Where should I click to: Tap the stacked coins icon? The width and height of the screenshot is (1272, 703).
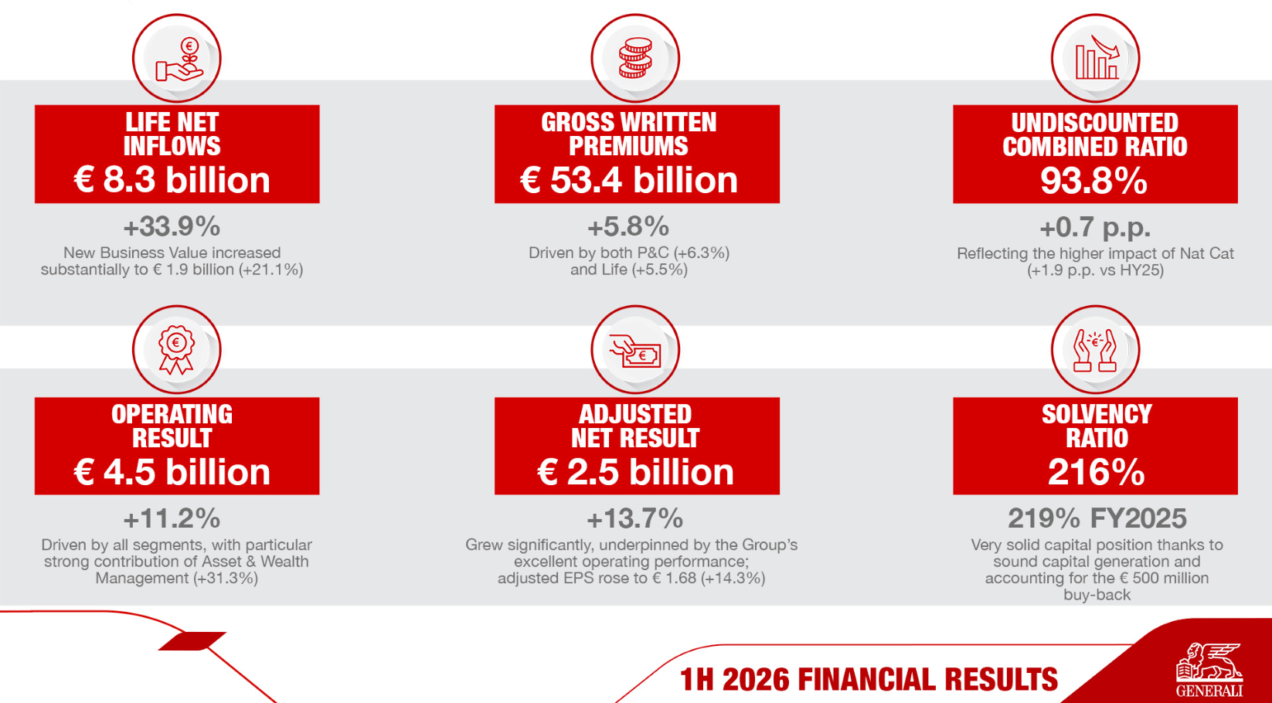pyautogui.click(x=635, y=58)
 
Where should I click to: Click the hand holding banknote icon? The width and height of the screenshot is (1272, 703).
pyautogui.click(x=635, y=351)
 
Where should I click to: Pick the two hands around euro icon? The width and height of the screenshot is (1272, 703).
pyautogui.click(x=1095, y=351)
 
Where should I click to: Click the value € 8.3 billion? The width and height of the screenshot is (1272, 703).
pyautogui.click(x=172, y=180)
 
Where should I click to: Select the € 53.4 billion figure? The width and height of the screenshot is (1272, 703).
pyautogui.click(x=628, y=180)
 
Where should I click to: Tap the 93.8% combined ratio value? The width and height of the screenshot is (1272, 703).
pyautogui.click(x=1093, y=181)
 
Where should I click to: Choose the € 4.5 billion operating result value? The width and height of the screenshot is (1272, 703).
pyautogui.click(x=172, y=472)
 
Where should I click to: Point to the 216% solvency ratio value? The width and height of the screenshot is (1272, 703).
pyautogui.click(x=1096, y=472)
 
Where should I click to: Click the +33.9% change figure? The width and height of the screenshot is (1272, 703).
pyautogui.click(x=172, y=226)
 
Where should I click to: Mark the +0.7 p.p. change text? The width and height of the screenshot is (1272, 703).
pyautogui.click(x=1095, y=228)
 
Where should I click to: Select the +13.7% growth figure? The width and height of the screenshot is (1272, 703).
pyautogui.click(x=635, y=518)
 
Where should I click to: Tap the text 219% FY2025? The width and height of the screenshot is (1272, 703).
pyautogui.click(x=1097, y=518)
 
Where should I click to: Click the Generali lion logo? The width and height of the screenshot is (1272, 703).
pyautogui.click(x=1209, y=669)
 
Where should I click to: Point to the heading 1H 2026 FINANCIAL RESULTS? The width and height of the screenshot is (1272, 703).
pyautogui.click(x=869, y=679)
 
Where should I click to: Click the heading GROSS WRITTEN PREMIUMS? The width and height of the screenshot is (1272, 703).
pyautogui.click(x=628, y=134)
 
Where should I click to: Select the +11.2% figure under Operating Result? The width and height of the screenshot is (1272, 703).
pyautogui.click(x=172, y=518)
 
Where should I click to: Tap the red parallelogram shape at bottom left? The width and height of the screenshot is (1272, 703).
pyautogui.click(x=192, y=640)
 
